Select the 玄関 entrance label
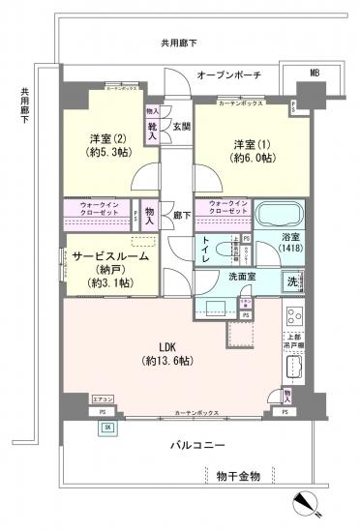(181, 127)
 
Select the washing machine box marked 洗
(291, 282)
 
